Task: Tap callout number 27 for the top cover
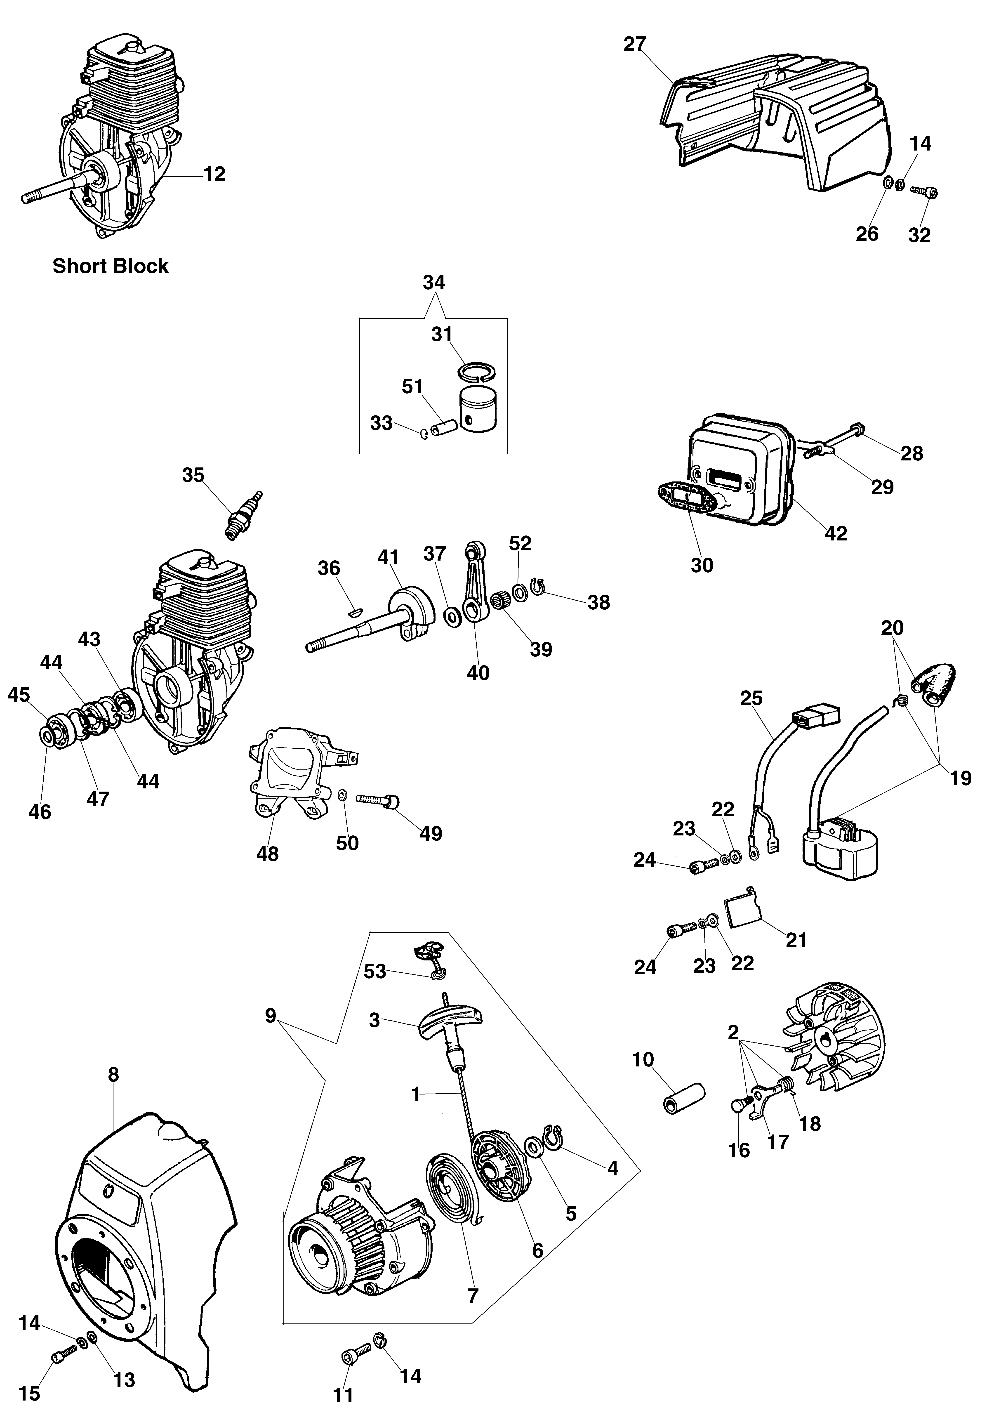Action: (635, 44)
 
